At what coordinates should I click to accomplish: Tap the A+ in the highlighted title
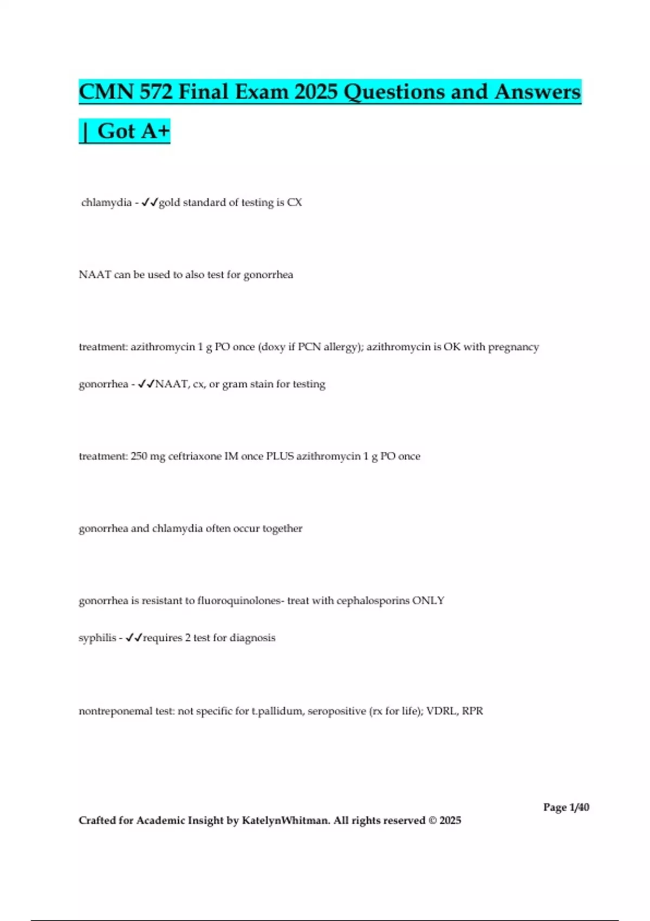click(155, 131)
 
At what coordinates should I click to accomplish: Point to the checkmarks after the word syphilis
click(134, 638)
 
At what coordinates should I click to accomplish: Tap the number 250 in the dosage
click(139, 456)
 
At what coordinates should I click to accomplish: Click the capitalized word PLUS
click(279, 456)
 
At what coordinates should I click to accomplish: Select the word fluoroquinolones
click(239, 601)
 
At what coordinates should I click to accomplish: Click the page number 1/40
click(579, 807)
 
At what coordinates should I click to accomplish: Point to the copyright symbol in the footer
click(432, 820)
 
